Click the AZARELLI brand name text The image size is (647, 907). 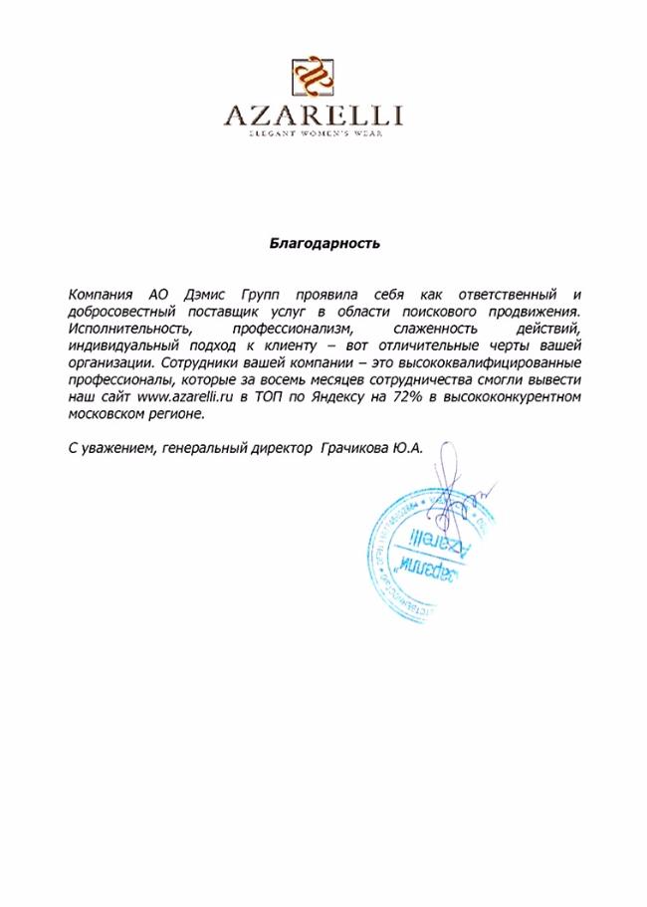[314, 117]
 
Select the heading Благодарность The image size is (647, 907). [324, 242]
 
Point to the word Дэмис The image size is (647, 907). [206, 296]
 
